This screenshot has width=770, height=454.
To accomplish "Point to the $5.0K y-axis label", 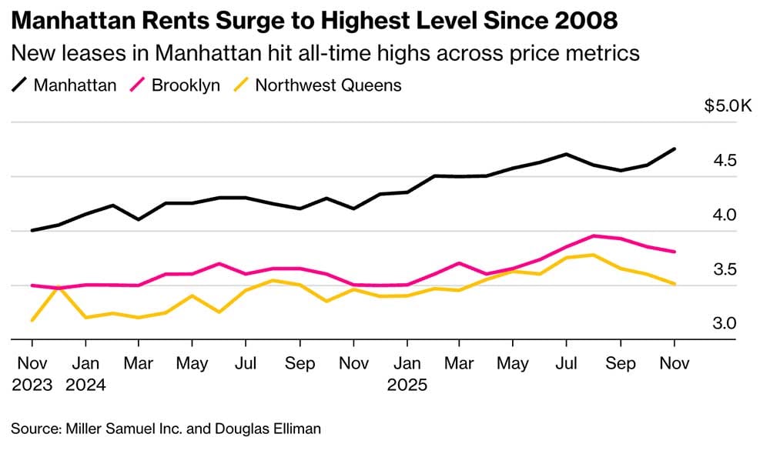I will click(728, 106).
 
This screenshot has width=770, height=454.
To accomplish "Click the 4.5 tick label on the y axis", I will click(724, 161).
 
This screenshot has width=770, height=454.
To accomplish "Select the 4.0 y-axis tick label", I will click(724, 215).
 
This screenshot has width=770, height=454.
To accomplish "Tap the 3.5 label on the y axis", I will click(724, 269).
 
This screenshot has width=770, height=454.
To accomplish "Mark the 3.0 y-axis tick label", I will click(724, 323).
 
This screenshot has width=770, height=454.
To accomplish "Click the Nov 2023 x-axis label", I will click(32, 372).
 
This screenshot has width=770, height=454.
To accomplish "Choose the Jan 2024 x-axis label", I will click(85, 372).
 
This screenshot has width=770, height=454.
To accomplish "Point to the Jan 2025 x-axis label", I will click(407, 372).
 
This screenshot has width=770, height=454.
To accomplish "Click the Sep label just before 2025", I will click(300, 363).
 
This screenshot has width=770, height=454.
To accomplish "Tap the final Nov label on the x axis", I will click(675, 363).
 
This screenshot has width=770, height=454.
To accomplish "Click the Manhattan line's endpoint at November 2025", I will click(675, 149).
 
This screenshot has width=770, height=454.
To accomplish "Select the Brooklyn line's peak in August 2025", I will click(594, 236).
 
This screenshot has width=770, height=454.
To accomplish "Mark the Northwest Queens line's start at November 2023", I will click(32, 320).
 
